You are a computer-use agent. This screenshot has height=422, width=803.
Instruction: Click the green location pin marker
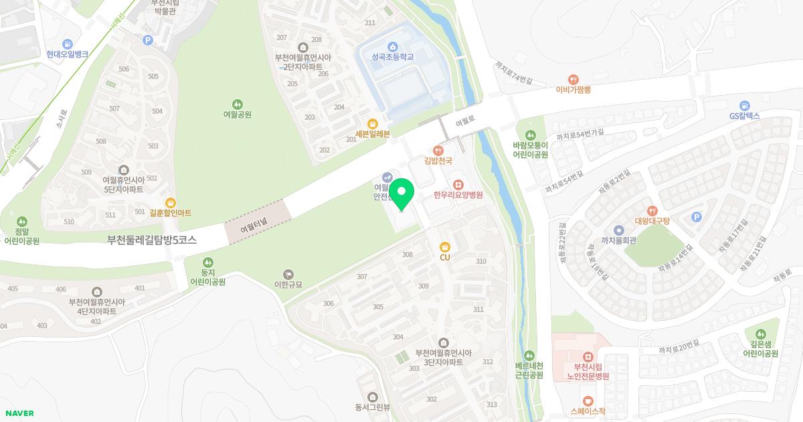click(x=401, y=195)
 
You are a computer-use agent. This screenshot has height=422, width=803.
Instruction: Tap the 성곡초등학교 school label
click(x=393, y=57)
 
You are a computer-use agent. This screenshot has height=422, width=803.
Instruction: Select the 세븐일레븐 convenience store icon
click(x=373, y=123)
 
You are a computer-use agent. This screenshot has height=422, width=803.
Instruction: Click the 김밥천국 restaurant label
click(x=439, y=161)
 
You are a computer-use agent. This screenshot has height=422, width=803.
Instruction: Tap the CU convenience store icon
click(x=444, y=246)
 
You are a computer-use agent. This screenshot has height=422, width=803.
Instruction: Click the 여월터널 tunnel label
click(x=254, y=228)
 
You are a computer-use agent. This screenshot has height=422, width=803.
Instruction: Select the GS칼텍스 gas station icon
click(x=744, y=105)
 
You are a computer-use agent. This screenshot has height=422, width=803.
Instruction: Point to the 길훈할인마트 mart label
click(x=171, y=212)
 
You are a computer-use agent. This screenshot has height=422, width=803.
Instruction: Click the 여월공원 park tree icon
click(x=238, y=104)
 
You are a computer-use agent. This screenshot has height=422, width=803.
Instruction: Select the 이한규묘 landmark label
click(x=288, y=284)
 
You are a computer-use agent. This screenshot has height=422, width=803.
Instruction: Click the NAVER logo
click(x=19, y=413)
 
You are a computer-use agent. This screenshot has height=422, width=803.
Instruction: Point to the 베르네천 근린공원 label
click(x=529, y=370)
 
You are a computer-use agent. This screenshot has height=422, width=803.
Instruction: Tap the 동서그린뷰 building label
click(x=373, y=407)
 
